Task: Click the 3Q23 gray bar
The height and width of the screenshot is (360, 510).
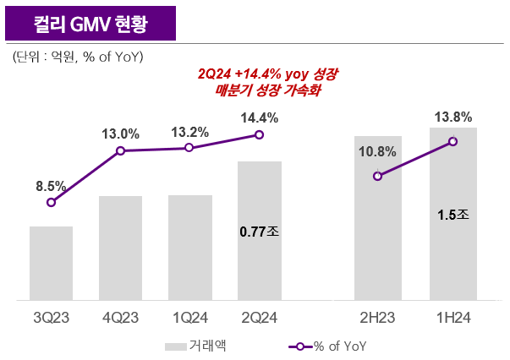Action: click(x=51, y=263)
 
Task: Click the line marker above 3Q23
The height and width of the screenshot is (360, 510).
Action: click(x=52, y=202)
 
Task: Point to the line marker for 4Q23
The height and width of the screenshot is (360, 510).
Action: click(x=120, y=150)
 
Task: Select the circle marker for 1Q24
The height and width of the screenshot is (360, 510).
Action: click(x=189, y=148)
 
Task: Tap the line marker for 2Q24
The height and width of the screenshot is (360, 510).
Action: click(x=259, y=134)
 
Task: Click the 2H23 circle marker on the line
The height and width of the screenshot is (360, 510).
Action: click(x=378, y=176)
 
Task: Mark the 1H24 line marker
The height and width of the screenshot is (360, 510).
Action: click(x=453, y=141)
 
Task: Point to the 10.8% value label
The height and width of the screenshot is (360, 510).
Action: click(x=377, y=152)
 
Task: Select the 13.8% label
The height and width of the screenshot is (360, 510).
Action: click(x=453, y=117)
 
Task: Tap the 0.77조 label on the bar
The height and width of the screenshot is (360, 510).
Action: click(x=259, y=229)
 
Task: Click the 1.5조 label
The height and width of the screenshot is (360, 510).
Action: click(x=453, y=215)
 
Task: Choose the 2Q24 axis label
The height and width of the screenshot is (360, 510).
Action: click(x=259, y=318)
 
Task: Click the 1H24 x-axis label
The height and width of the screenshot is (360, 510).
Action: click(x=453, y=318)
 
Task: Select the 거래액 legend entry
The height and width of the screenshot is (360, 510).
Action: click(x=195, y=346)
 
